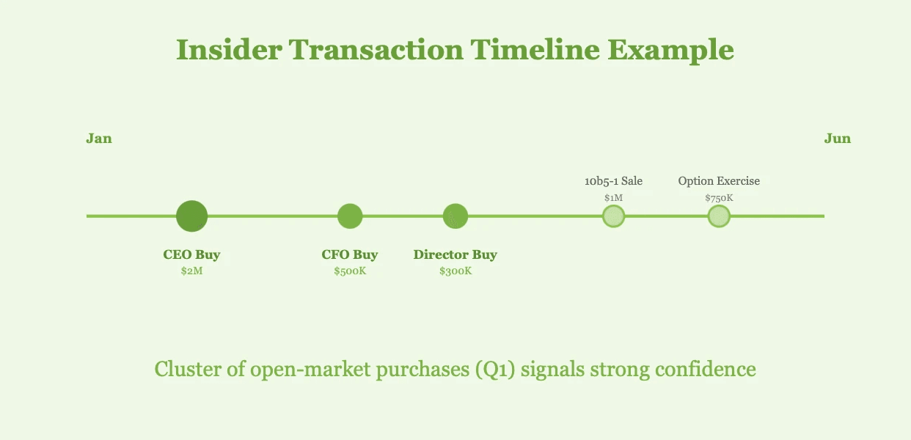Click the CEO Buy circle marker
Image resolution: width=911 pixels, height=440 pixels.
(191, 216)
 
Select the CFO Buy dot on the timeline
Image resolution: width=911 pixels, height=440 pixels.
(350, 216)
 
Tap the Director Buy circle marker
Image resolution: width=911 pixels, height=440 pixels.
(455, 216)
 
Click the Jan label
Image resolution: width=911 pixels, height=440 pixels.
(99, 139)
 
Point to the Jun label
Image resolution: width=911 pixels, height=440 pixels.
(838, 139)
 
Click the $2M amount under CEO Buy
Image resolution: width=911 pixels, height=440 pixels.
(191, 271)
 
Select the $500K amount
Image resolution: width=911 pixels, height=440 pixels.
(350, 271)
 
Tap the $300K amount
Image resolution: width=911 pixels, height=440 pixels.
(455, 271)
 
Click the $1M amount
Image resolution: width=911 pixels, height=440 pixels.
(613, 198)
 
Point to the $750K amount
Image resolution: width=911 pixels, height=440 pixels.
(719, 198)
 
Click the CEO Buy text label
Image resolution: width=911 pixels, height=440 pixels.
(191, 254)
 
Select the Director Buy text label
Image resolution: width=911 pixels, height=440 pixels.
(455, 254)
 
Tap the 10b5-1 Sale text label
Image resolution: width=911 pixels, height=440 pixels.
(613, 181)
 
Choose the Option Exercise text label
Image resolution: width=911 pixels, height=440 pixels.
(719, 181)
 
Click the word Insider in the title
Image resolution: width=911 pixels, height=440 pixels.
(229, 50)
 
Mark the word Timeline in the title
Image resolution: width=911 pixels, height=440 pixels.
(535, 50)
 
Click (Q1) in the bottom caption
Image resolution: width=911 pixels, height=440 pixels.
(495, 370)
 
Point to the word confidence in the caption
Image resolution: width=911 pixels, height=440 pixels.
(706, 370)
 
